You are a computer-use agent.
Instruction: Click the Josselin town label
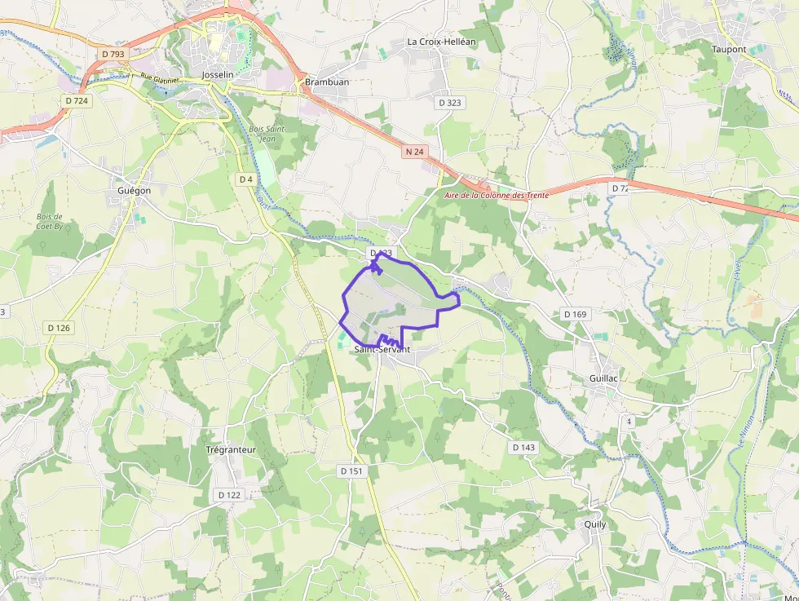click(x=217, y=75)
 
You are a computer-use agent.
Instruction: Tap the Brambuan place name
click(x=327, y=82)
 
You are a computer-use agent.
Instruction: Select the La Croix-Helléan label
click(x=441, y=42)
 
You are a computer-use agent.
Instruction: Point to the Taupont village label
click(x=728, y=50)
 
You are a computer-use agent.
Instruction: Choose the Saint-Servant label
click(x=382, y=350)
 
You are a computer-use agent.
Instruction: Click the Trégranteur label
click(x=232, y=449)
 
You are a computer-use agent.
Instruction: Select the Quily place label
click(x=595, y=524)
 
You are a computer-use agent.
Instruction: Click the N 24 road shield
click(x=415, y=152)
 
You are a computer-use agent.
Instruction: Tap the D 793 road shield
click(x=113, y=54)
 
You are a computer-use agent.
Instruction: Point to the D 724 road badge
click(x=76, y=100)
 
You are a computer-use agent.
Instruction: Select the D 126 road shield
click(x=60, y=328)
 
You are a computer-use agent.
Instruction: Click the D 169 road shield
click(x=575, y=314)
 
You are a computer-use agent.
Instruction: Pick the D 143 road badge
click(x=524, y=448)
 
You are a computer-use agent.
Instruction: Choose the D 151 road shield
click(x=351, y=471)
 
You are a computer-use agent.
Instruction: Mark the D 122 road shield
click(x=230, y=495)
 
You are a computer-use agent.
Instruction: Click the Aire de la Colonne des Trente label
click(x=496, y=196)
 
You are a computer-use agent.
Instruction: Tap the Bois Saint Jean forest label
click(x=267, y=134)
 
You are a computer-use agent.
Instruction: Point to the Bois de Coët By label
click(x=50, y=221)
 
